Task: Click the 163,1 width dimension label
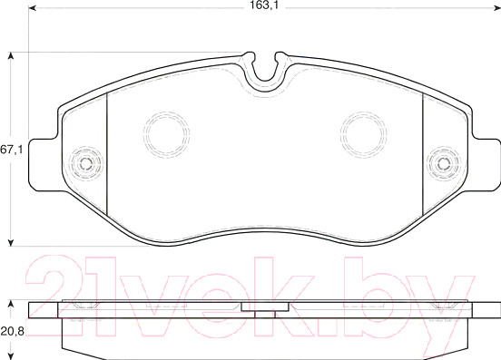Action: click(264, 5)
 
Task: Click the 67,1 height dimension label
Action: click(12, 150)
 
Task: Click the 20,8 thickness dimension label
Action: click(12, 332)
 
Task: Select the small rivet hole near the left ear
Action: click(86, 164)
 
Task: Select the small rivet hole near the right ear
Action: click(444, 164)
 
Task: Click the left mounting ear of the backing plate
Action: click(44, 165)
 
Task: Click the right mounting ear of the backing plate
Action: click(486, 165)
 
